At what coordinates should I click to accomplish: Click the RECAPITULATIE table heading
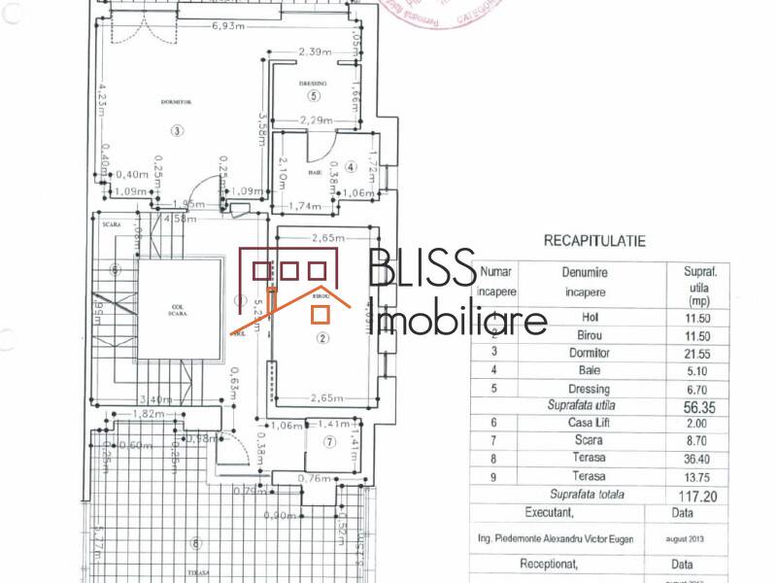pos(594,240)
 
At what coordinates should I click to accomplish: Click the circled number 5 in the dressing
pos(313,96)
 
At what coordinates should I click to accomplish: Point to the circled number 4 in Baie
pos(351,167)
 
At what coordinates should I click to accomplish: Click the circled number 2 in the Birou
pos(323,338)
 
